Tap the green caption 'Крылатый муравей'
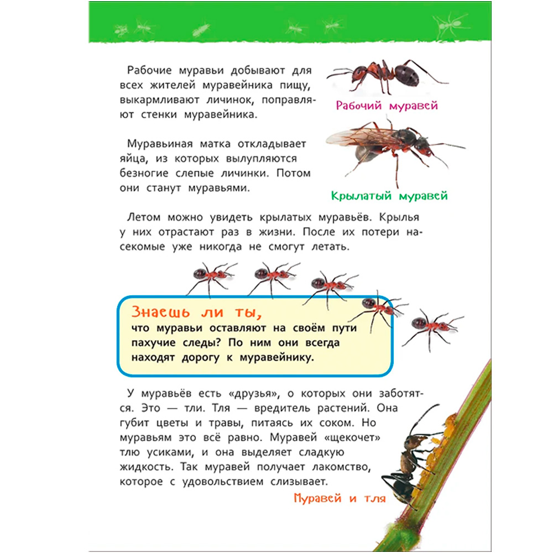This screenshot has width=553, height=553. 389,195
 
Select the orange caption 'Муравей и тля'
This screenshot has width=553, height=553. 340,498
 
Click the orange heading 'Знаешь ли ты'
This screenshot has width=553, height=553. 195,311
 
